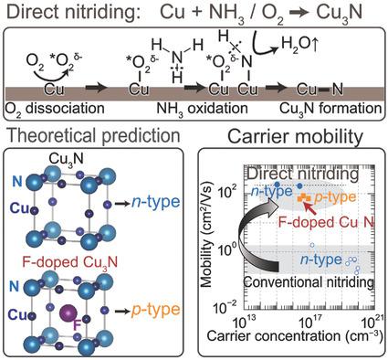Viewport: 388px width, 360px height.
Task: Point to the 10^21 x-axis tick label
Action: (x=372, y=326)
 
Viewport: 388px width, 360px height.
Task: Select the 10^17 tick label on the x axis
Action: (x=308, y=326)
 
